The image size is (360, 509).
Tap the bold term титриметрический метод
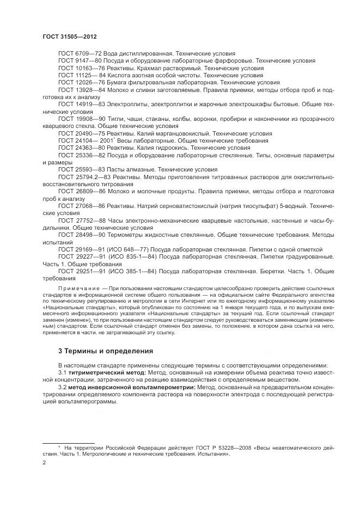tap(100, 372)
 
